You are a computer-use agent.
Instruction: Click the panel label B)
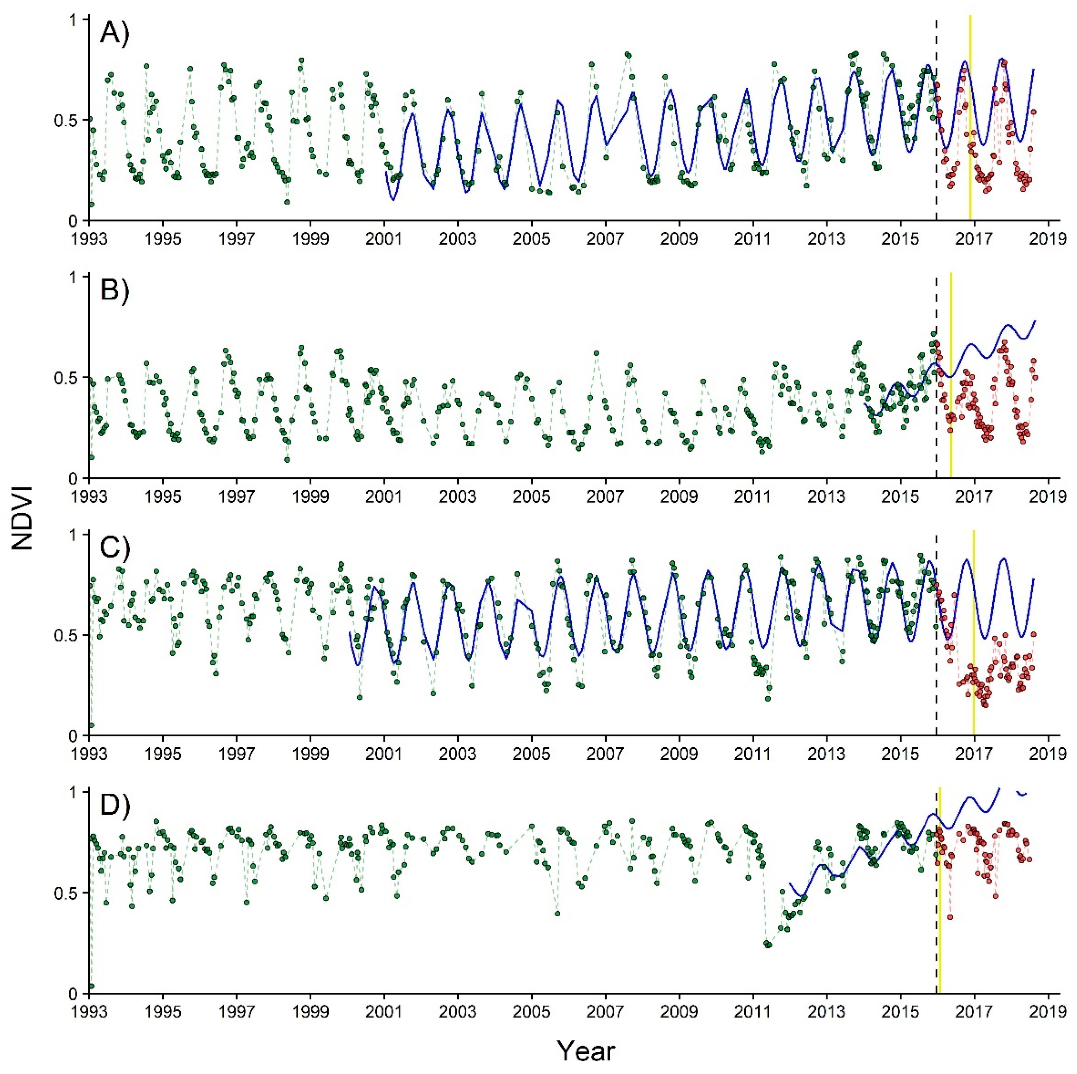[x=114, y=292]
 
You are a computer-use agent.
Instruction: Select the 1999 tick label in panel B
[x=310, y=496]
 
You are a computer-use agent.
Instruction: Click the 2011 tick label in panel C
[x=753, y=754]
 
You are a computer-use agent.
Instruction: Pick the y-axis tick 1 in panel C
[x=78, y=534]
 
